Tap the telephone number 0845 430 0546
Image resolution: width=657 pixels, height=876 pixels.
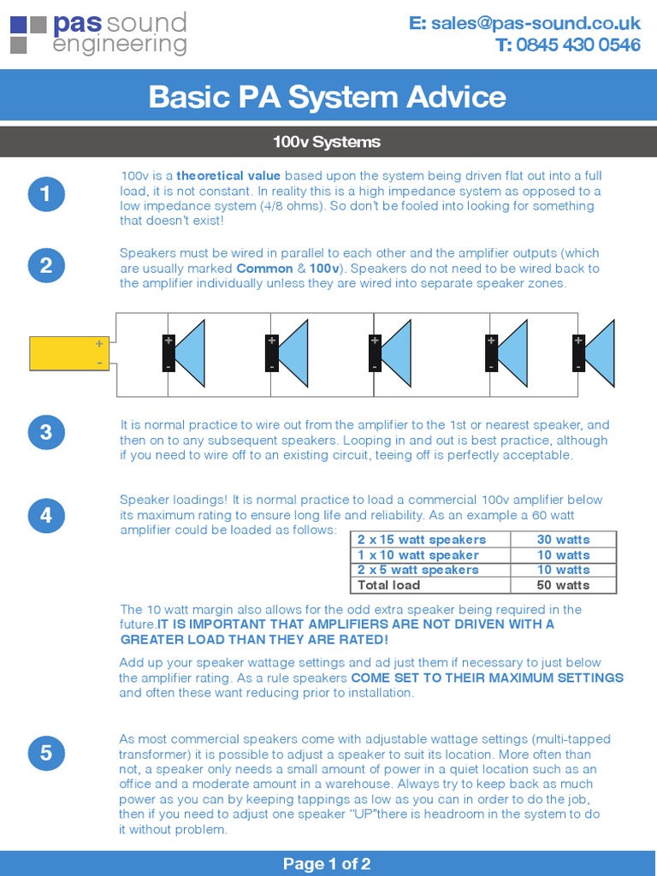567,45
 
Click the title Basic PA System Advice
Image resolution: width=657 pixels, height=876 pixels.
328,97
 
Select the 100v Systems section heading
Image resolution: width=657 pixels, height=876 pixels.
328,142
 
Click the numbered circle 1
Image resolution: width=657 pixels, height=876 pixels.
46,195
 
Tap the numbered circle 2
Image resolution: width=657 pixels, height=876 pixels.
46,265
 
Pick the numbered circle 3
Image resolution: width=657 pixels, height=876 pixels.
46,432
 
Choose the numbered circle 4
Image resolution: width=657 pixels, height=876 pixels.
46,515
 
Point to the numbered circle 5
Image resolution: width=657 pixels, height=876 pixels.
46,753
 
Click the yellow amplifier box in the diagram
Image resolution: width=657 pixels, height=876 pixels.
69,353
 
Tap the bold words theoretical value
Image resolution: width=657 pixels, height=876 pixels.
228,175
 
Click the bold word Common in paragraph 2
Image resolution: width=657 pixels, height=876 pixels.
264,269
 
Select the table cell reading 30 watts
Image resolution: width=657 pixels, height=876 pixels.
563,540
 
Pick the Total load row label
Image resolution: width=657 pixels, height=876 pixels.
389,585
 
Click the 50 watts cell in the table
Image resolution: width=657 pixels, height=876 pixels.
563,585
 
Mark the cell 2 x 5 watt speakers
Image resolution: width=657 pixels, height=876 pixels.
418,570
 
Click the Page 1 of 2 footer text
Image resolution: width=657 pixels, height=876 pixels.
328,864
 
